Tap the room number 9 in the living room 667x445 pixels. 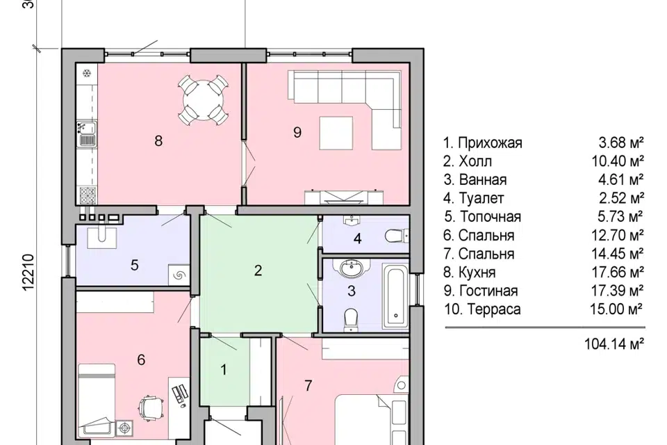[x=297, y=133]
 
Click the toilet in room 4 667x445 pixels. [x=396, y=236]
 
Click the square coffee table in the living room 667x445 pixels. [x=338, y=133]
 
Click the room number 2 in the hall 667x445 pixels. [x=258, y=270]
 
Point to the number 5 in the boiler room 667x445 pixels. [x=135, y=265]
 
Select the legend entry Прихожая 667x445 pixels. [x=483, y=143]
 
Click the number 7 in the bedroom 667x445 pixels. [x=308, y=385]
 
